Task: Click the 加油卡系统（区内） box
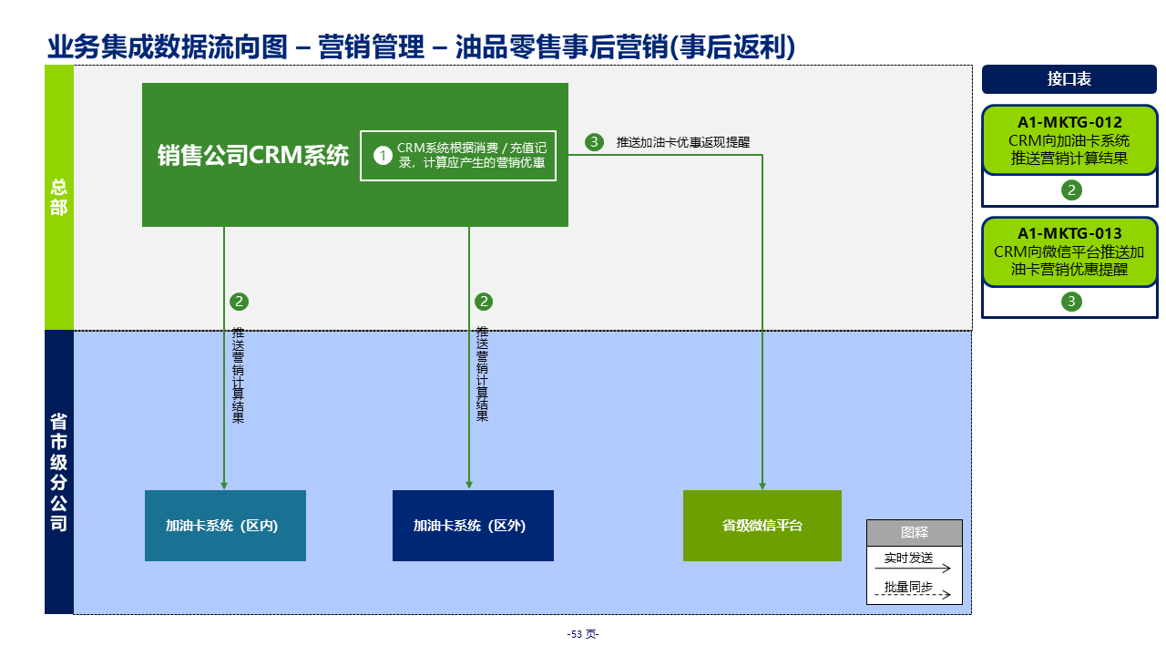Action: click(x=225, y=526)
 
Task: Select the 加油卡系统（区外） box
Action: click(x=473, y=526)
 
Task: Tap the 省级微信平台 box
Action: click(x=762, y=526)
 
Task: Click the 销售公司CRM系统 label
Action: click(x=252, y=156)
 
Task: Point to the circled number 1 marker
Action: click(x=383, y=156)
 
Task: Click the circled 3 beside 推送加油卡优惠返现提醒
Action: click(x=594, y=142)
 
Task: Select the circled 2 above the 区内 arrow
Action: click(x=240, y=302)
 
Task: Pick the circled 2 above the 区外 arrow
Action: click(x=484, y=302)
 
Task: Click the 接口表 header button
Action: click(x=1069, y=79)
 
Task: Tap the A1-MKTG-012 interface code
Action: click(x=1069, y=123)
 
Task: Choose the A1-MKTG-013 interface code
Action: click(x=1069, y=233)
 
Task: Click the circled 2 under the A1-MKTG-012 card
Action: click(x=1071, y=190)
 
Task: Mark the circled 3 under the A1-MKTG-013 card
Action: click(x=1071, y=302)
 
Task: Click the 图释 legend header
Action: click(x=914, y=533)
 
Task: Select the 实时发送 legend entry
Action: click(x=908, y=558)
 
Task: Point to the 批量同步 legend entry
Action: click(x=908, y=587)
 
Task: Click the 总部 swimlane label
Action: click(x=59, y=198)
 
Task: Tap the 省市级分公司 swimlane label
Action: click(x=59, y=472)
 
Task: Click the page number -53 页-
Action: click(x=583, y=634)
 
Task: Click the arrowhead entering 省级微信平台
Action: click(x=762, y=486)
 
